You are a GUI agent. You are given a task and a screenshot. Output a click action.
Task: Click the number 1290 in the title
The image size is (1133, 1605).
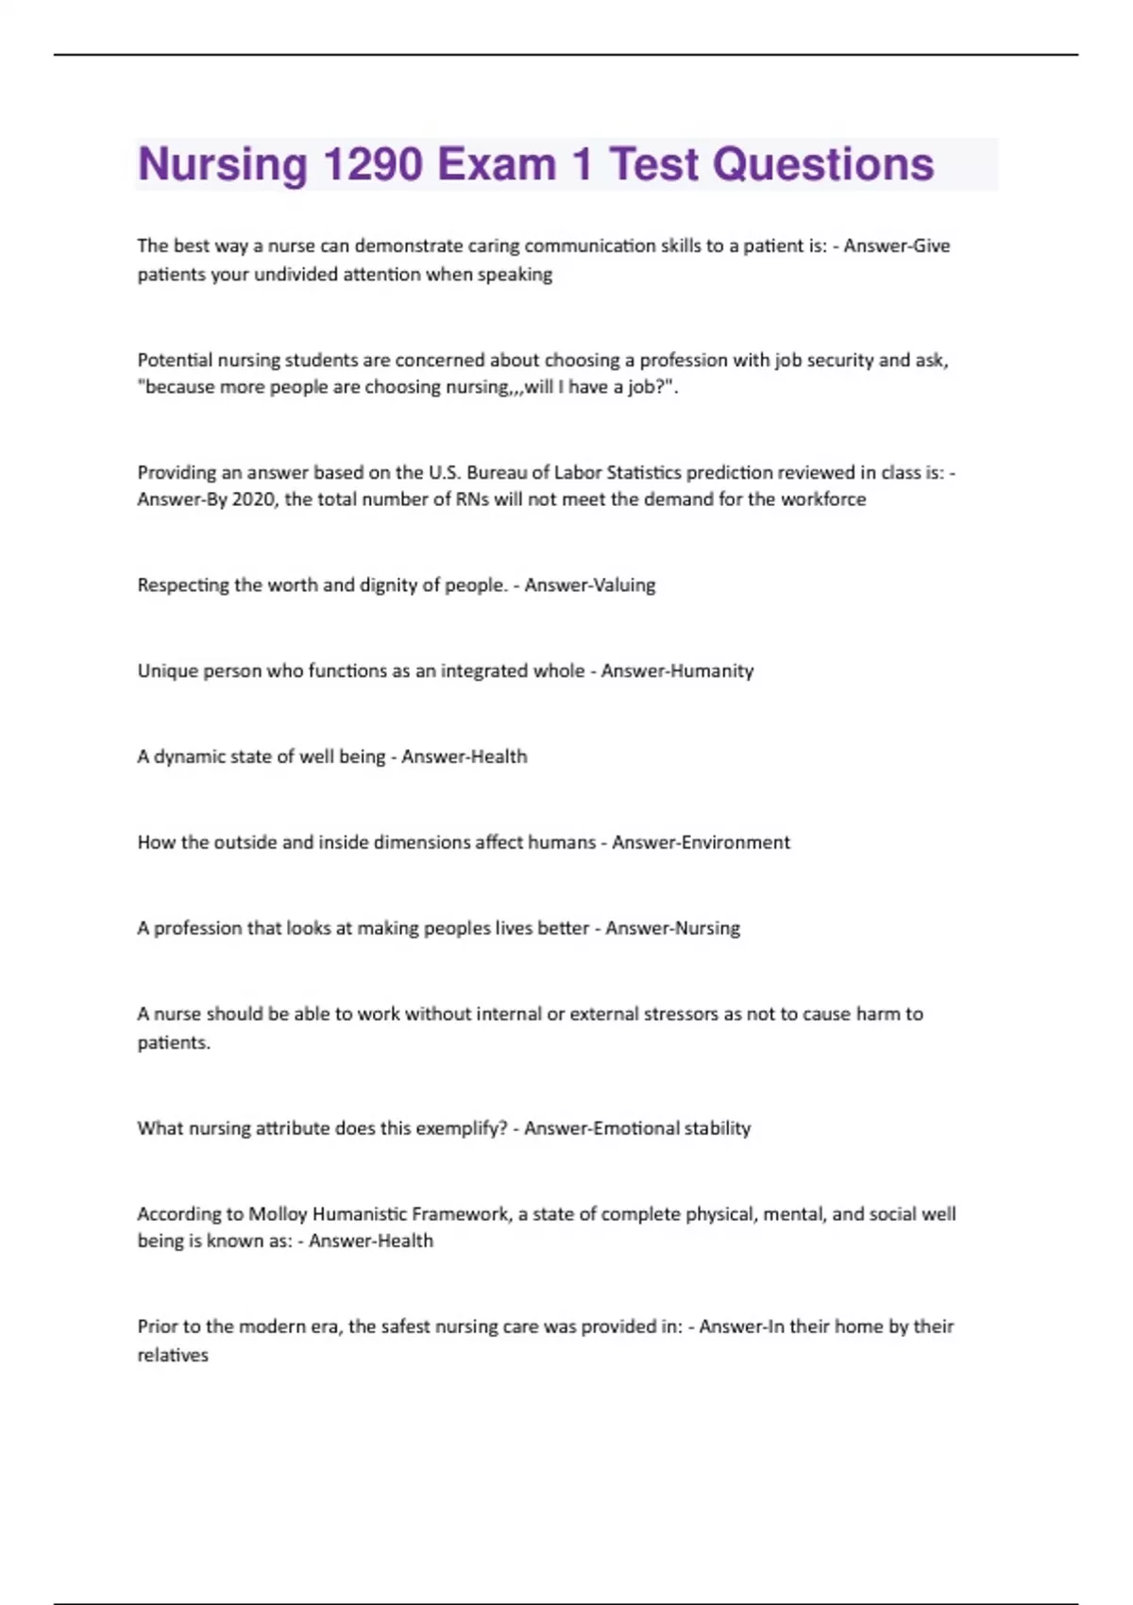coord(372,164)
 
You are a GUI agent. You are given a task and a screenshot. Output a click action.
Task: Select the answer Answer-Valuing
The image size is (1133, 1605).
coord(589,585)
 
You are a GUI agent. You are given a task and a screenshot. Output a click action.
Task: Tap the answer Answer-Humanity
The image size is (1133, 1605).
coord(677,671)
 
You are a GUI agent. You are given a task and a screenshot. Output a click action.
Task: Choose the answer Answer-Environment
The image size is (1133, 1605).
coord(701,842)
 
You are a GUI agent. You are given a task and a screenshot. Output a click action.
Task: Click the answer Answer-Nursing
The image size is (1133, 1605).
coord(672,928)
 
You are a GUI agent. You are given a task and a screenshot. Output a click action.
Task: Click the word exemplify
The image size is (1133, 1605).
coord(463,1128)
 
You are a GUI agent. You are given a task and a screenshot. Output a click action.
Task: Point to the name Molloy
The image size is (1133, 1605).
coord(277,1214)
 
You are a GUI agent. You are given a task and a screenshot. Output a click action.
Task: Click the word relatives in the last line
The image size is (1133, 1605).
coord(173,1356)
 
